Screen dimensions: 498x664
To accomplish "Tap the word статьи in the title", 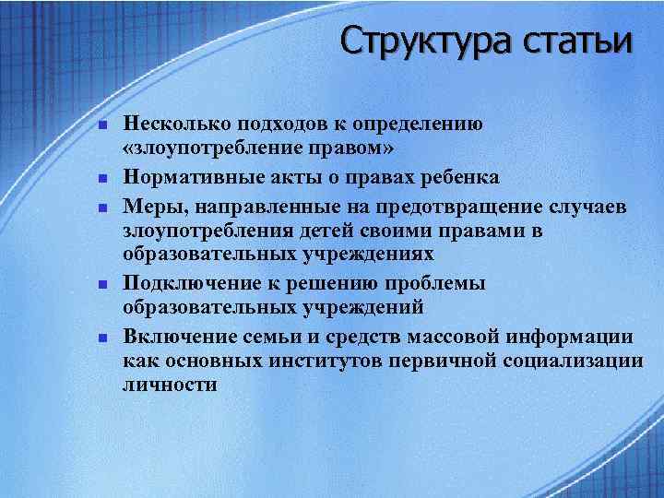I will (576, 41).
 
